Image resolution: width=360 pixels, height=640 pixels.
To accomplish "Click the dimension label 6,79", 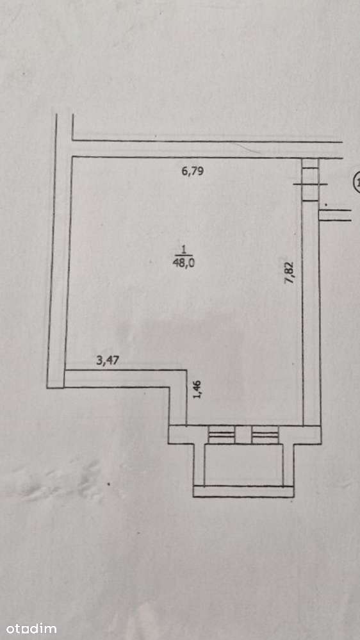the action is pos(193,171).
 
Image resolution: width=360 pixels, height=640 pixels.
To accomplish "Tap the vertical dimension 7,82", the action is pos(290,273).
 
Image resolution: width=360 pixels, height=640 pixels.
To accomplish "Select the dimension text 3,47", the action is pos(108,361).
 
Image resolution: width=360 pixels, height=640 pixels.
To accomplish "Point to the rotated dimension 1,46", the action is pos(198,390).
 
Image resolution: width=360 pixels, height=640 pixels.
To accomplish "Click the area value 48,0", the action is pos(184,263).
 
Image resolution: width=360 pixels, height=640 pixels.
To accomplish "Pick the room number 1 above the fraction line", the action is pos(184,249).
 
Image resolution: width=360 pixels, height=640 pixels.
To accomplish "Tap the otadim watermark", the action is pos(29,628).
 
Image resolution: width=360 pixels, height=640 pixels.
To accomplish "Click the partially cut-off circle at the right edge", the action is pos(357,181).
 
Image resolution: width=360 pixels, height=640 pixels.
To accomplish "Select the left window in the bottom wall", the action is pos(222,435).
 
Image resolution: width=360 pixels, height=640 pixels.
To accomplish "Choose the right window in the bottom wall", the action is pos(265,435).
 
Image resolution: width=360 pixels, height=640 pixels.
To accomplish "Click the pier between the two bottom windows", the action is pos(243,435).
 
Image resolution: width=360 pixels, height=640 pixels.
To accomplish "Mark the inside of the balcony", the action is pos(243,464).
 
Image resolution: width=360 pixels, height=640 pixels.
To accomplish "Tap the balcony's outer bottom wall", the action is pos(243,491).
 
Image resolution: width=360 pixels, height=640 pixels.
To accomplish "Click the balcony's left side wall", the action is pos(199,464).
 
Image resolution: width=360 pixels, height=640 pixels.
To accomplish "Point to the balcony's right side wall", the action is pos(288,464).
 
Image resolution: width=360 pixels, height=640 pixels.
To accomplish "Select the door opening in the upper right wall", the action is pos(310,179).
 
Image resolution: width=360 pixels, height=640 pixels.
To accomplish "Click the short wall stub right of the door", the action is pos(334,215).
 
